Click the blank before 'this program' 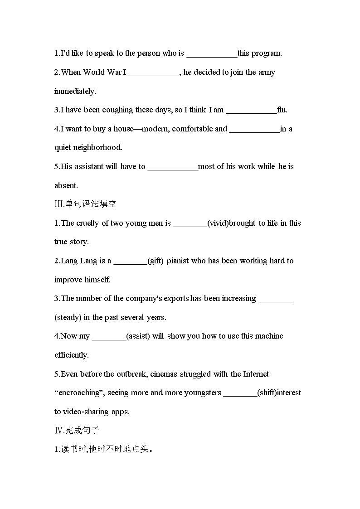[211, 54]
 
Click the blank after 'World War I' [154, 73]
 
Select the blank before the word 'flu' [251, 111]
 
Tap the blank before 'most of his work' [173, 167]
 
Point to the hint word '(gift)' [156, 261]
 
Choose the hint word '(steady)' [68, 318]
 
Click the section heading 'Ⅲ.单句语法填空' [85, 204]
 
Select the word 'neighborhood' [100, 148]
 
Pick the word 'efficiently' [72, 355]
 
